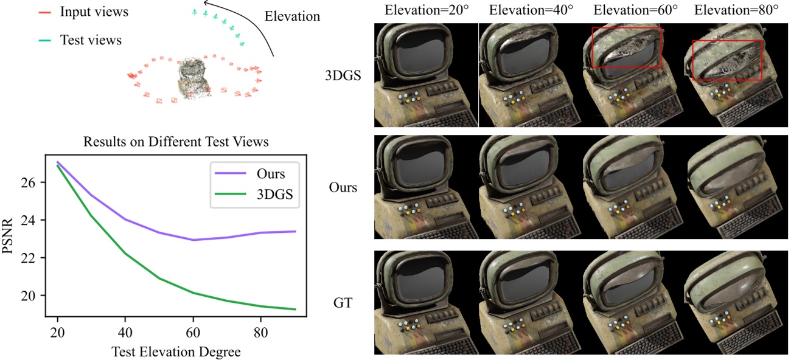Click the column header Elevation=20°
tap(425, 10)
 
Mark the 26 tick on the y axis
tap(35, 182)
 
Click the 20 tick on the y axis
tap(35, 296)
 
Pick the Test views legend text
tap(91, 41)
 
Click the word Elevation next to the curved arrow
tap(293, 16)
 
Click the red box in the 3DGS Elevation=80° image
tap(727, 60)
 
